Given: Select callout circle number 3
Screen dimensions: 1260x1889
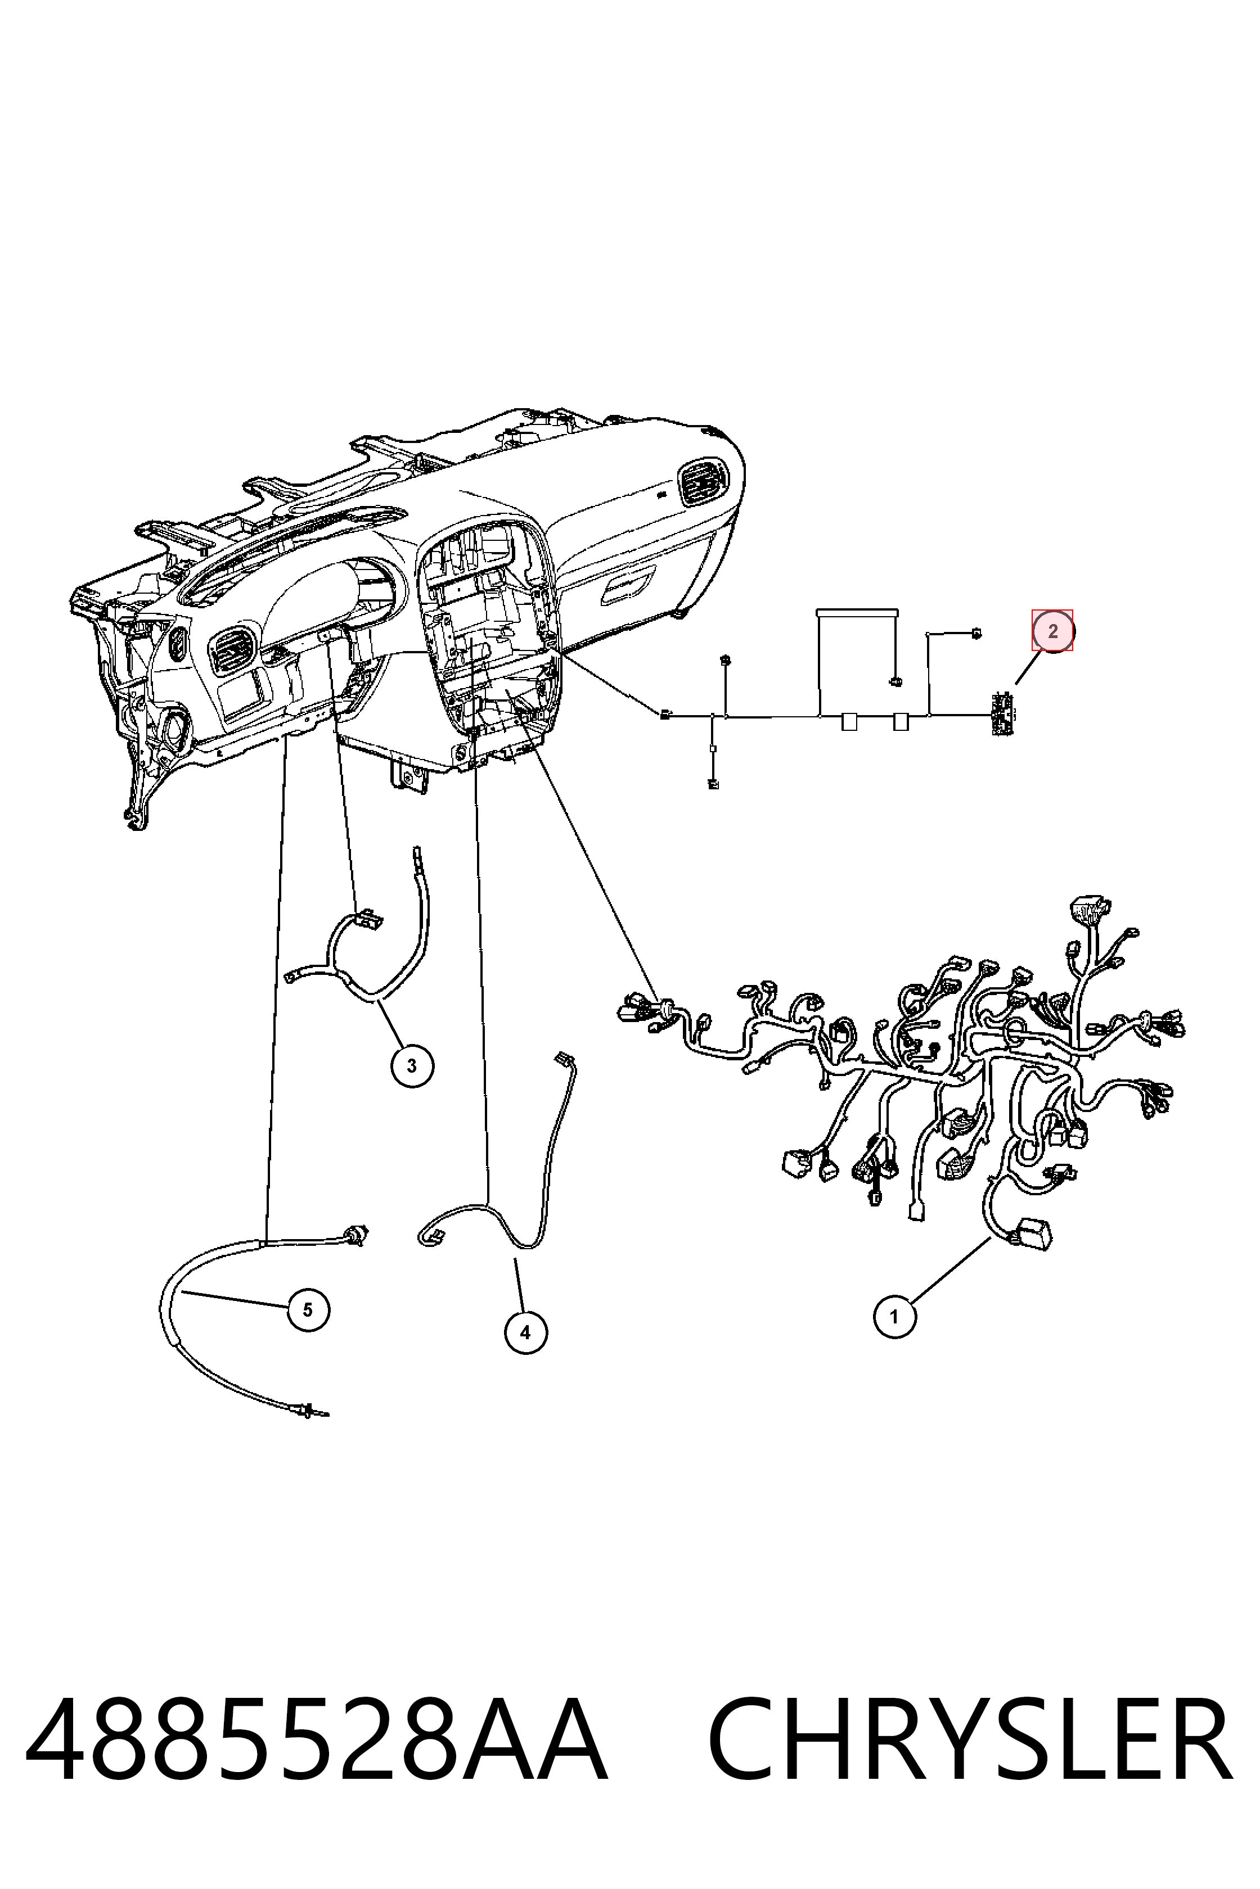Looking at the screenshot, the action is [x=412, y=1066].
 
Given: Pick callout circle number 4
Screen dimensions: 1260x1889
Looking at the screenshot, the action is [x=525, y=1332].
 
